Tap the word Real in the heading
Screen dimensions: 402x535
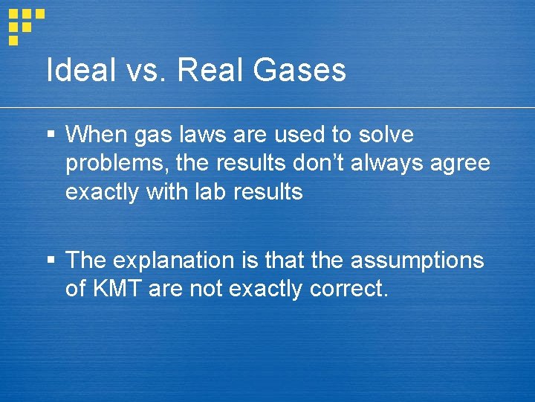(x=214, y=71)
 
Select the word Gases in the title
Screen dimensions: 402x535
(x=302, y=71)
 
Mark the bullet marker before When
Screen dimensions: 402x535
(x=51, y=135)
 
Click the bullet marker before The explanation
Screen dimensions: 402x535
(x=51, y=261)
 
